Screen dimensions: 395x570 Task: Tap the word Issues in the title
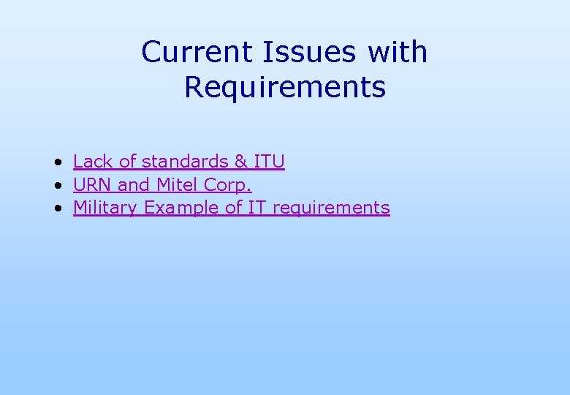pos(298,52)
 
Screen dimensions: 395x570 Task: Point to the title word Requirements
pos(284,88)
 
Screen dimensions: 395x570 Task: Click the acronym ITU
pos(269,161)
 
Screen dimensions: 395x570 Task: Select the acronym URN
pos(93,184)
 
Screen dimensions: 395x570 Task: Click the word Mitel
pos(178,184)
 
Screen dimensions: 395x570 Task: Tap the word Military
pos(105,208)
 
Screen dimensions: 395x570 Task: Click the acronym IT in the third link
pos(256,208)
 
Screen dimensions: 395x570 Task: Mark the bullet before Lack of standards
pos(56,162)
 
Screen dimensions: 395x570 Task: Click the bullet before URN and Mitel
pos(56,185)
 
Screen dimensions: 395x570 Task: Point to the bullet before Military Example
pos(56,208)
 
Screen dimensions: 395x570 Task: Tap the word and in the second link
pos(133,184)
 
